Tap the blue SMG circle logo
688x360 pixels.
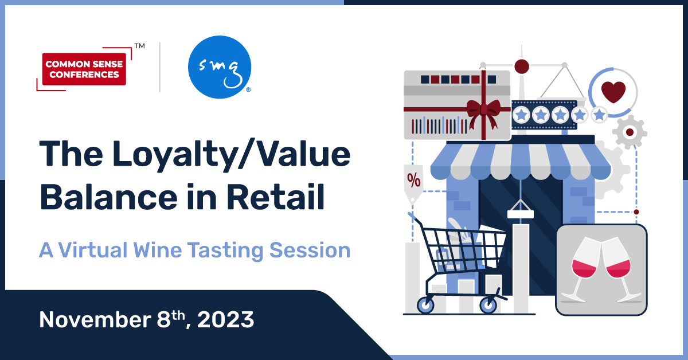[220, 67]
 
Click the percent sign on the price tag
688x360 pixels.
[413, 180]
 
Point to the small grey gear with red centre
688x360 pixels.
[630, 132]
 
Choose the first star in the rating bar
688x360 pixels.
[521, 115]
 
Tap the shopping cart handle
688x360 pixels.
[412, 217]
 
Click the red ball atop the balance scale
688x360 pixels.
[521, 66]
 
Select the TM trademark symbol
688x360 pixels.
[139, 44]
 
